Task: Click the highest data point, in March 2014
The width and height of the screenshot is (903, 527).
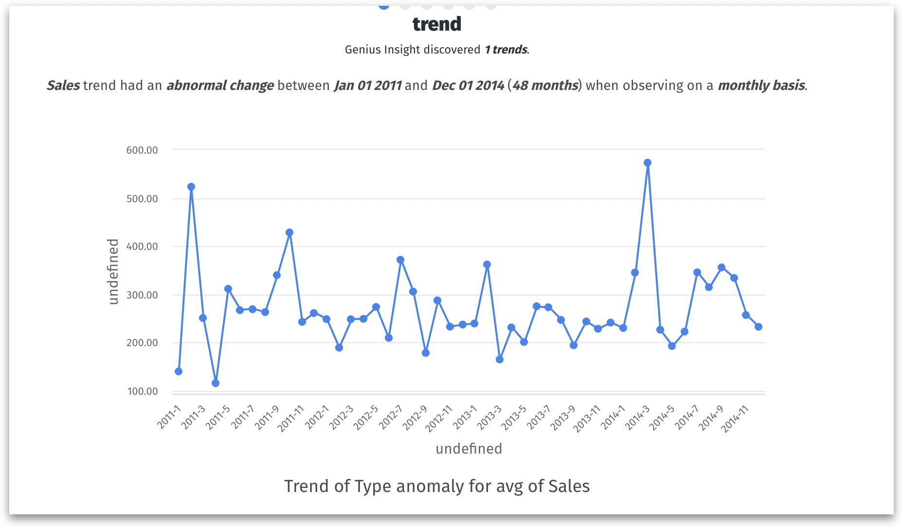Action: tap(647, 163)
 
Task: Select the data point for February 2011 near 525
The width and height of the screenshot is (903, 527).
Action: tap(191, 187)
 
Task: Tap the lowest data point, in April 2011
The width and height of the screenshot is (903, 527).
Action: tap(216, 383)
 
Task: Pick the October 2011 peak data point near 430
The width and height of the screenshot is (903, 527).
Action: tap(289, 232)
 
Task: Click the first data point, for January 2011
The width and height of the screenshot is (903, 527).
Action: tap(179, 371)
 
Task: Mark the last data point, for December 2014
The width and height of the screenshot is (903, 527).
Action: tap(759, 327)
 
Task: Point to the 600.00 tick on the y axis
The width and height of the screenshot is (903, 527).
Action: tap(142, 150)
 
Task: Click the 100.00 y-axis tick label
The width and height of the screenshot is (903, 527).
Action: tap(142, 391)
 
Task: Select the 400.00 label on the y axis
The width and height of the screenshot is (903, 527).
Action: tap(142, 246)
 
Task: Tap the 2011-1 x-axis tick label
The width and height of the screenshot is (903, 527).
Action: tap(169, 417)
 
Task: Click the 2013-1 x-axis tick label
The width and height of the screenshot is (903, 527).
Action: tap(465, 417)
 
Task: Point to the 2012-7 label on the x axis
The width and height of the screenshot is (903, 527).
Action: tap(391, 417)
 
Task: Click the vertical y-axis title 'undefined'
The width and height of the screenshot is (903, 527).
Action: tap(113, 272)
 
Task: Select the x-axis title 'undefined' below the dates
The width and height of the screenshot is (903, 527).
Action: tap(469, 448)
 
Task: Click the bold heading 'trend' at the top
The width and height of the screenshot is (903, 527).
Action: tap(437, 24)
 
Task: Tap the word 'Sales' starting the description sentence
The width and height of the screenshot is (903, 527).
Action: tap(63, 86)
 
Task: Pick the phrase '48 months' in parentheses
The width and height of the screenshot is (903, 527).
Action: tap(545, 86)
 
